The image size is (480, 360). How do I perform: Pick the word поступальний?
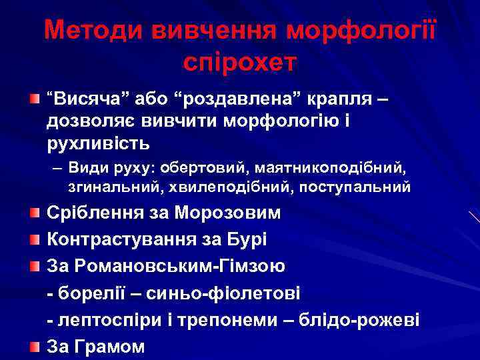click(354, 187)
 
